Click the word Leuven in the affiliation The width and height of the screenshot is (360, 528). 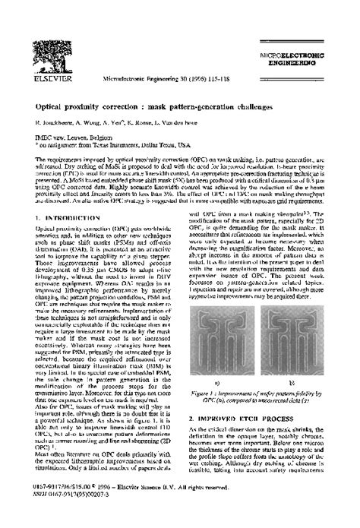click(x=71, y=135)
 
